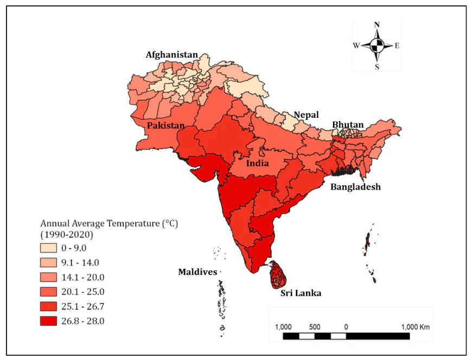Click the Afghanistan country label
point(171,55)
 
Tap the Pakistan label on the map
point(165,125)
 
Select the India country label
point(258,163)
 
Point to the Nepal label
point(306,115)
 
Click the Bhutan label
point(348,124)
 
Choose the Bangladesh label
point(356,187)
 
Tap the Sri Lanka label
point(301,293)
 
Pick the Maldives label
point(197,272)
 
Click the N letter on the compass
point(377,24)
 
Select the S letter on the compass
point(377,67)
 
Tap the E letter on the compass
point(397,46)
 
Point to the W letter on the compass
point(356,46)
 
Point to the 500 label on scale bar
point(315,327)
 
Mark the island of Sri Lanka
point(279,275)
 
